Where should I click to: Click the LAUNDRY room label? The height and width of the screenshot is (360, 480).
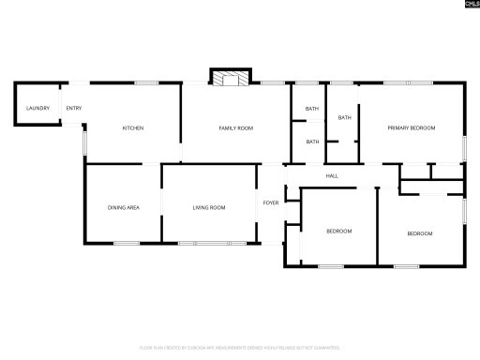[x=37, y=109]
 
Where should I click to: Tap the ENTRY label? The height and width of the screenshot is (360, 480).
[x=74, y=109]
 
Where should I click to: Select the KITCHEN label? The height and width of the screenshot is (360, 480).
[x=133, y=127]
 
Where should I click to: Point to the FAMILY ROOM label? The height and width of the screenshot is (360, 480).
[x=236, y=127]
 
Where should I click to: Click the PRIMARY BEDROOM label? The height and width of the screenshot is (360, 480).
[x=412, y=127]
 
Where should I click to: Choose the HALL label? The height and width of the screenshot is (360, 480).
[x=332, y=175]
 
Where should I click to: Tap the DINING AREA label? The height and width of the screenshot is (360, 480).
[x=124, y=206]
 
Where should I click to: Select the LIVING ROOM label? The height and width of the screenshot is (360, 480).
[x=209, y=206]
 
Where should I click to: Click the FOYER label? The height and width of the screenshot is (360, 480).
[x=271, y=202]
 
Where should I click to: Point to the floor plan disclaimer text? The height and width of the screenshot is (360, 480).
[x=240, y=347]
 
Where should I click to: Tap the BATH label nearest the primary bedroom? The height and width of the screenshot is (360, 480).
[x=345, y=117]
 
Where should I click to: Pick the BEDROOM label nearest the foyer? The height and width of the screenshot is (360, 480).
[x=338, y=231]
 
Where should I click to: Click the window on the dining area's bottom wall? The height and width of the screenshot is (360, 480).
[x=126, y=244]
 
